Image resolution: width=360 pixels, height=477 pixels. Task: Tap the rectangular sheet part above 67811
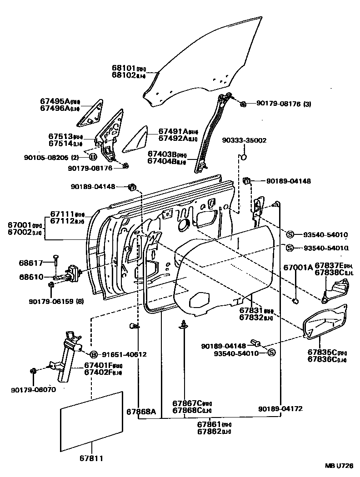pyautogui.click(x=92, y=421)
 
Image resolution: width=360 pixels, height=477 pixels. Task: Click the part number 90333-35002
pyautogui.click(x=245, y=141)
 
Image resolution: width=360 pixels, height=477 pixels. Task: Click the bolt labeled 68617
pyautogui.click(x=55, y=260)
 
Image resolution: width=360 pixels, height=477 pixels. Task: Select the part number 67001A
pyautogui.click(x=298, y=268)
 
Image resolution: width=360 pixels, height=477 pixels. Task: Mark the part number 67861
pyautogui.click(x=209, y=424)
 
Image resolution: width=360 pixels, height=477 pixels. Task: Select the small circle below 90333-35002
pyautogui.click(x=243, y=158)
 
